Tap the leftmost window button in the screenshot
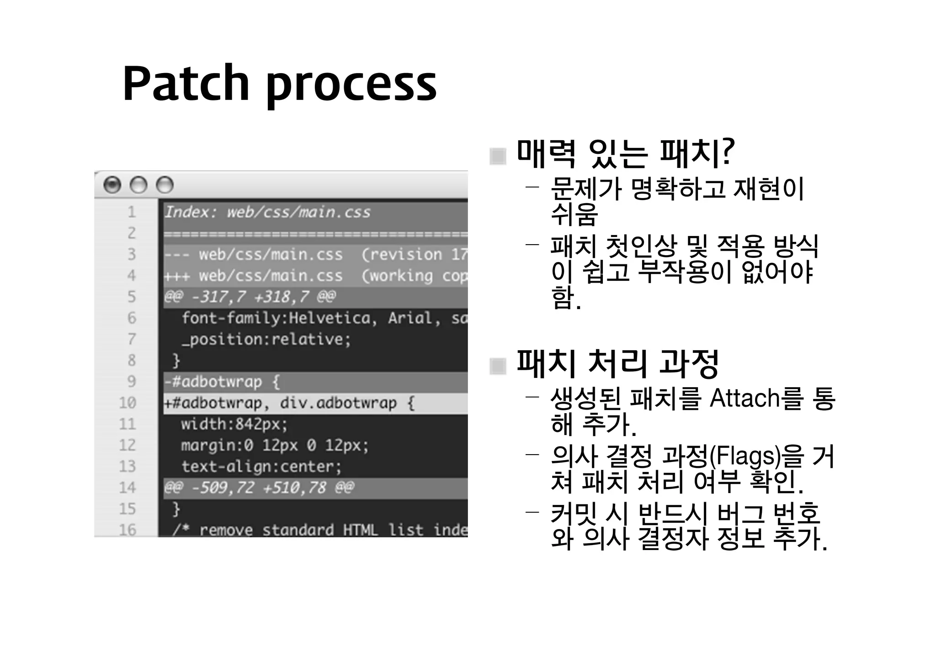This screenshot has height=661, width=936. pos(112,185)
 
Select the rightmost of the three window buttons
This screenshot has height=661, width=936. pos(165,185)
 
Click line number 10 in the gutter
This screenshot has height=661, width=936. pos(128,403)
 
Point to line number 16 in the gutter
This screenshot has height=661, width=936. pos(128,530)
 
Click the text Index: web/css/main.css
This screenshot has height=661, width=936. pos(267,212)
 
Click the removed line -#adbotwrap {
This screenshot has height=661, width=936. pos(222,382)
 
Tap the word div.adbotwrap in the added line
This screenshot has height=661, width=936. pos(338,403)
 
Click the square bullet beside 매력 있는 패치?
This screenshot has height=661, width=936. pos(498,157)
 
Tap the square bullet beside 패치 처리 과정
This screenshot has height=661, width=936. pos(498,366)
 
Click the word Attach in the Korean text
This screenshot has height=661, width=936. pos(745,398)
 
